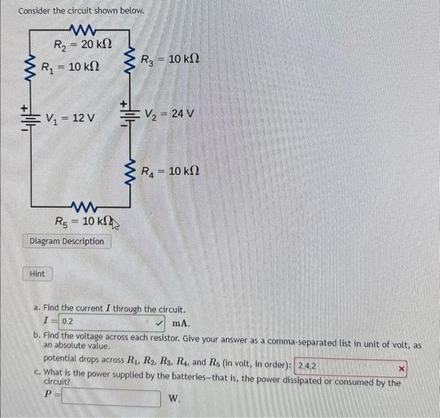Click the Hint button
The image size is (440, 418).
point(37,274)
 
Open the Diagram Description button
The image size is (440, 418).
point(67,241)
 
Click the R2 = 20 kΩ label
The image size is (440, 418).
point(82,45)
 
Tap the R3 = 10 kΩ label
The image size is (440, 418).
point(170,60)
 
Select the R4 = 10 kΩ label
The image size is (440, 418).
point(170,171)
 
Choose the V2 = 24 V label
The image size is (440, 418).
point(170,115)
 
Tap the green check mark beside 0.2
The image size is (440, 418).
point(160,322)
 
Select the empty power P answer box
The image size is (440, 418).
point(111,398)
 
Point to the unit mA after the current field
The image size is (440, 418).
point(180,323)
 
